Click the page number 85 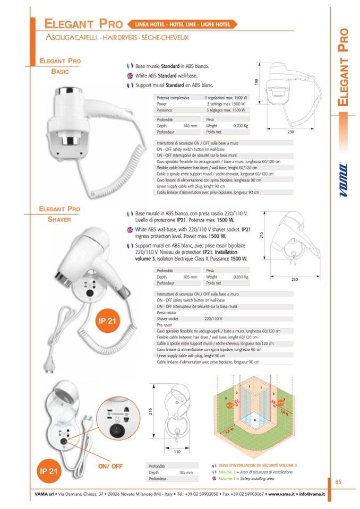[338, 482]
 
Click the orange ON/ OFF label [110, 466]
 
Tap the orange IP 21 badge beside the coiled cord [108, 321]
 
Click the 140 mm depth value [190, 126]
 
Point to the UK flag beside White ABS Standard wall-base [130, 75]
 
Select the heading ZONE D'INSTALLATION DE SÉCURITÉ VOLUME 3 [258, 464]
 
